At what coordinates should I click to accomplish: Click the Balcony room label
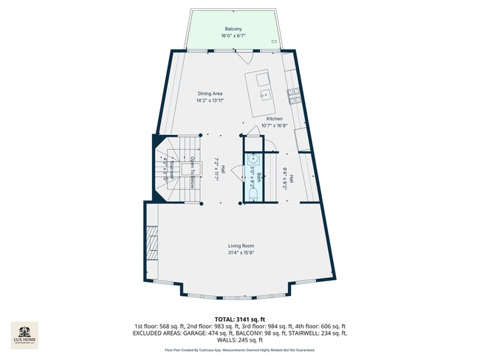tap(233, 29)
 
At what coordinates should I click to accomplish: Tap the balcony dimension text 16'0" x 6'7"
tap(233, 35)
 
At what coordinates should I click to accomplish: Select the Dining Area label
tap(210, 93)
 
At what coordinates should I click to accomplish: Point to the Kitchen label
tap(275, 119)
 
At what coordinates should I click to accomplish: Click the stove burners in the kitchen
tap(292, 94)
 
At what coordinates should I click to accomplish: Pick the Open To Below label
tap(191, 172)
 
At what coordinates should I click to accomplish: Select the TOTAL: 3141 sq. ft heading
tap(239, 319)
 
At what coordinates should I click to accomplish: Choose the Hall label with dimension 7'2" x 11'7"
tap(216, 169)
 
